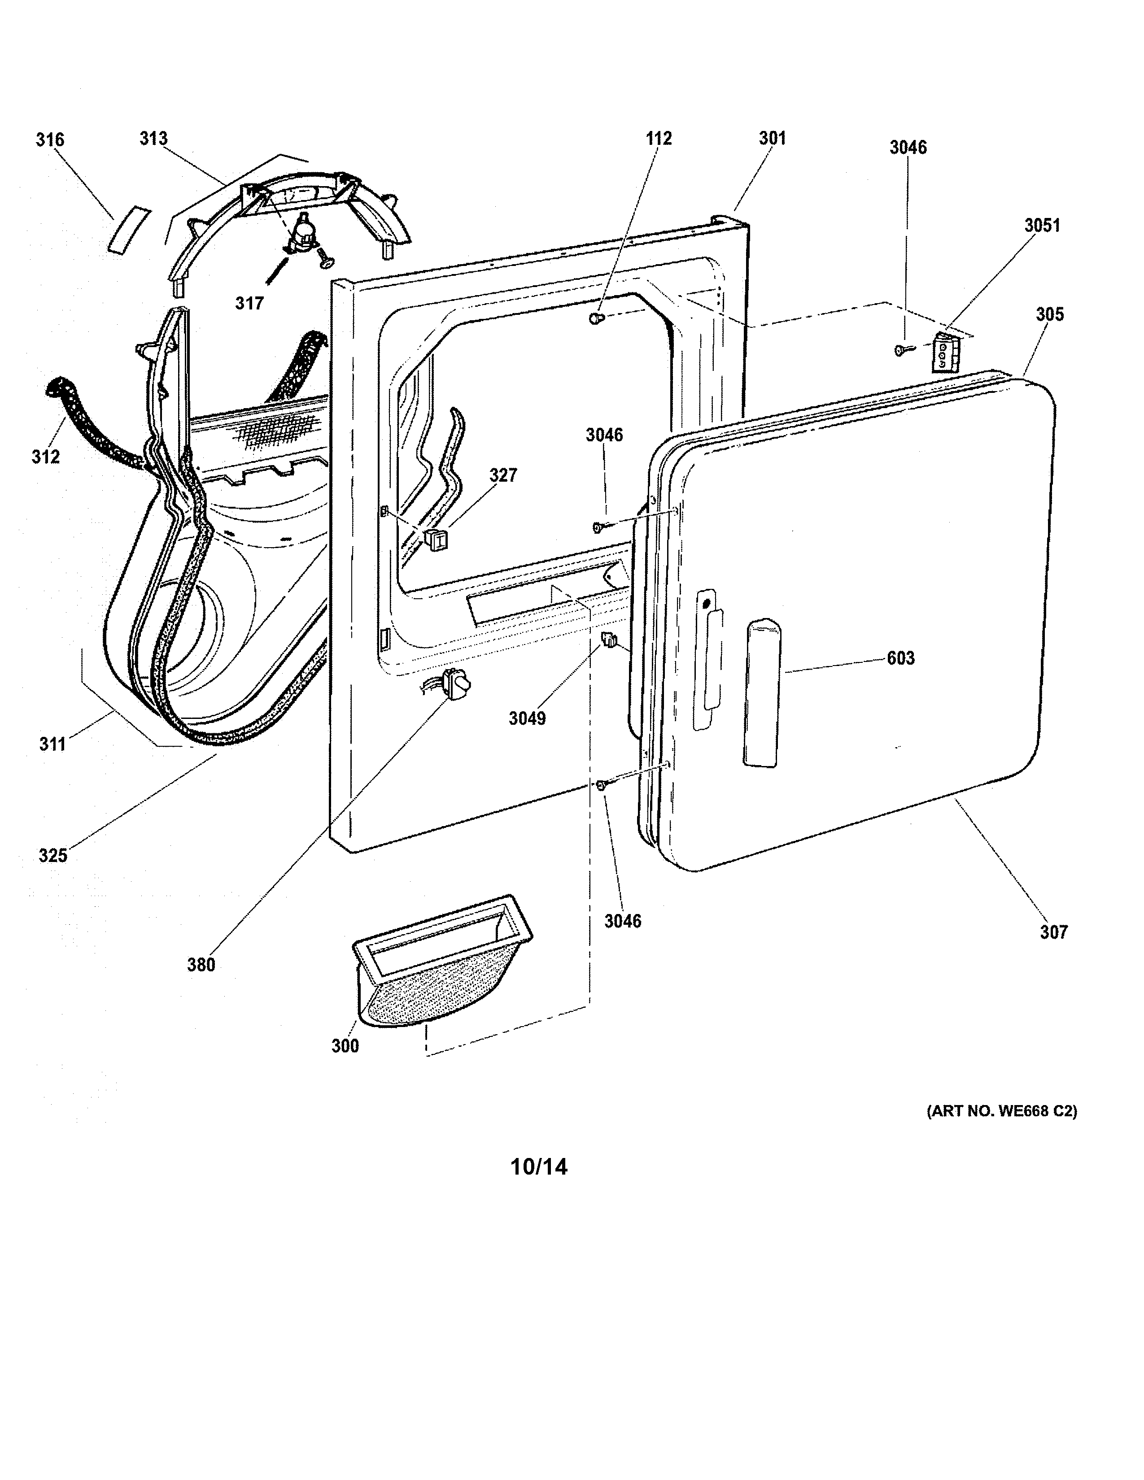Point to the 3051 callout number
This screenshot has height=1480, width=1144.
pos(1042,225)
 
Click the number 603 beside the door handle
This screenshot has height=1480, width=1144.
pos(901,658)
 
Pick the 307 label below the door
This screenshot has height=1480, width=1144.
pos(1054,932)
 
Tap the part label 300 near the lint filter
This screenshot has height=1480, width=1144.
pos(345,1046)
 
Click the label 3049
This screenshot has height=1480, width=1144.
pos(527,718)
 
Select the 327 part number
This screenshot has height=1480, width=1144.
pos(503,476)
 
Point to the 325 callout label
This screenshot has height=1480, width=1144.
pos(53,856)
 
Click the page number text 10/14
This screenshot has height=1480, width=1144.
pos(539,1167)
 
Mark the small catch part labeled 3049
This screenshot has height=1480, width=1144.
pos(609,639)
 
